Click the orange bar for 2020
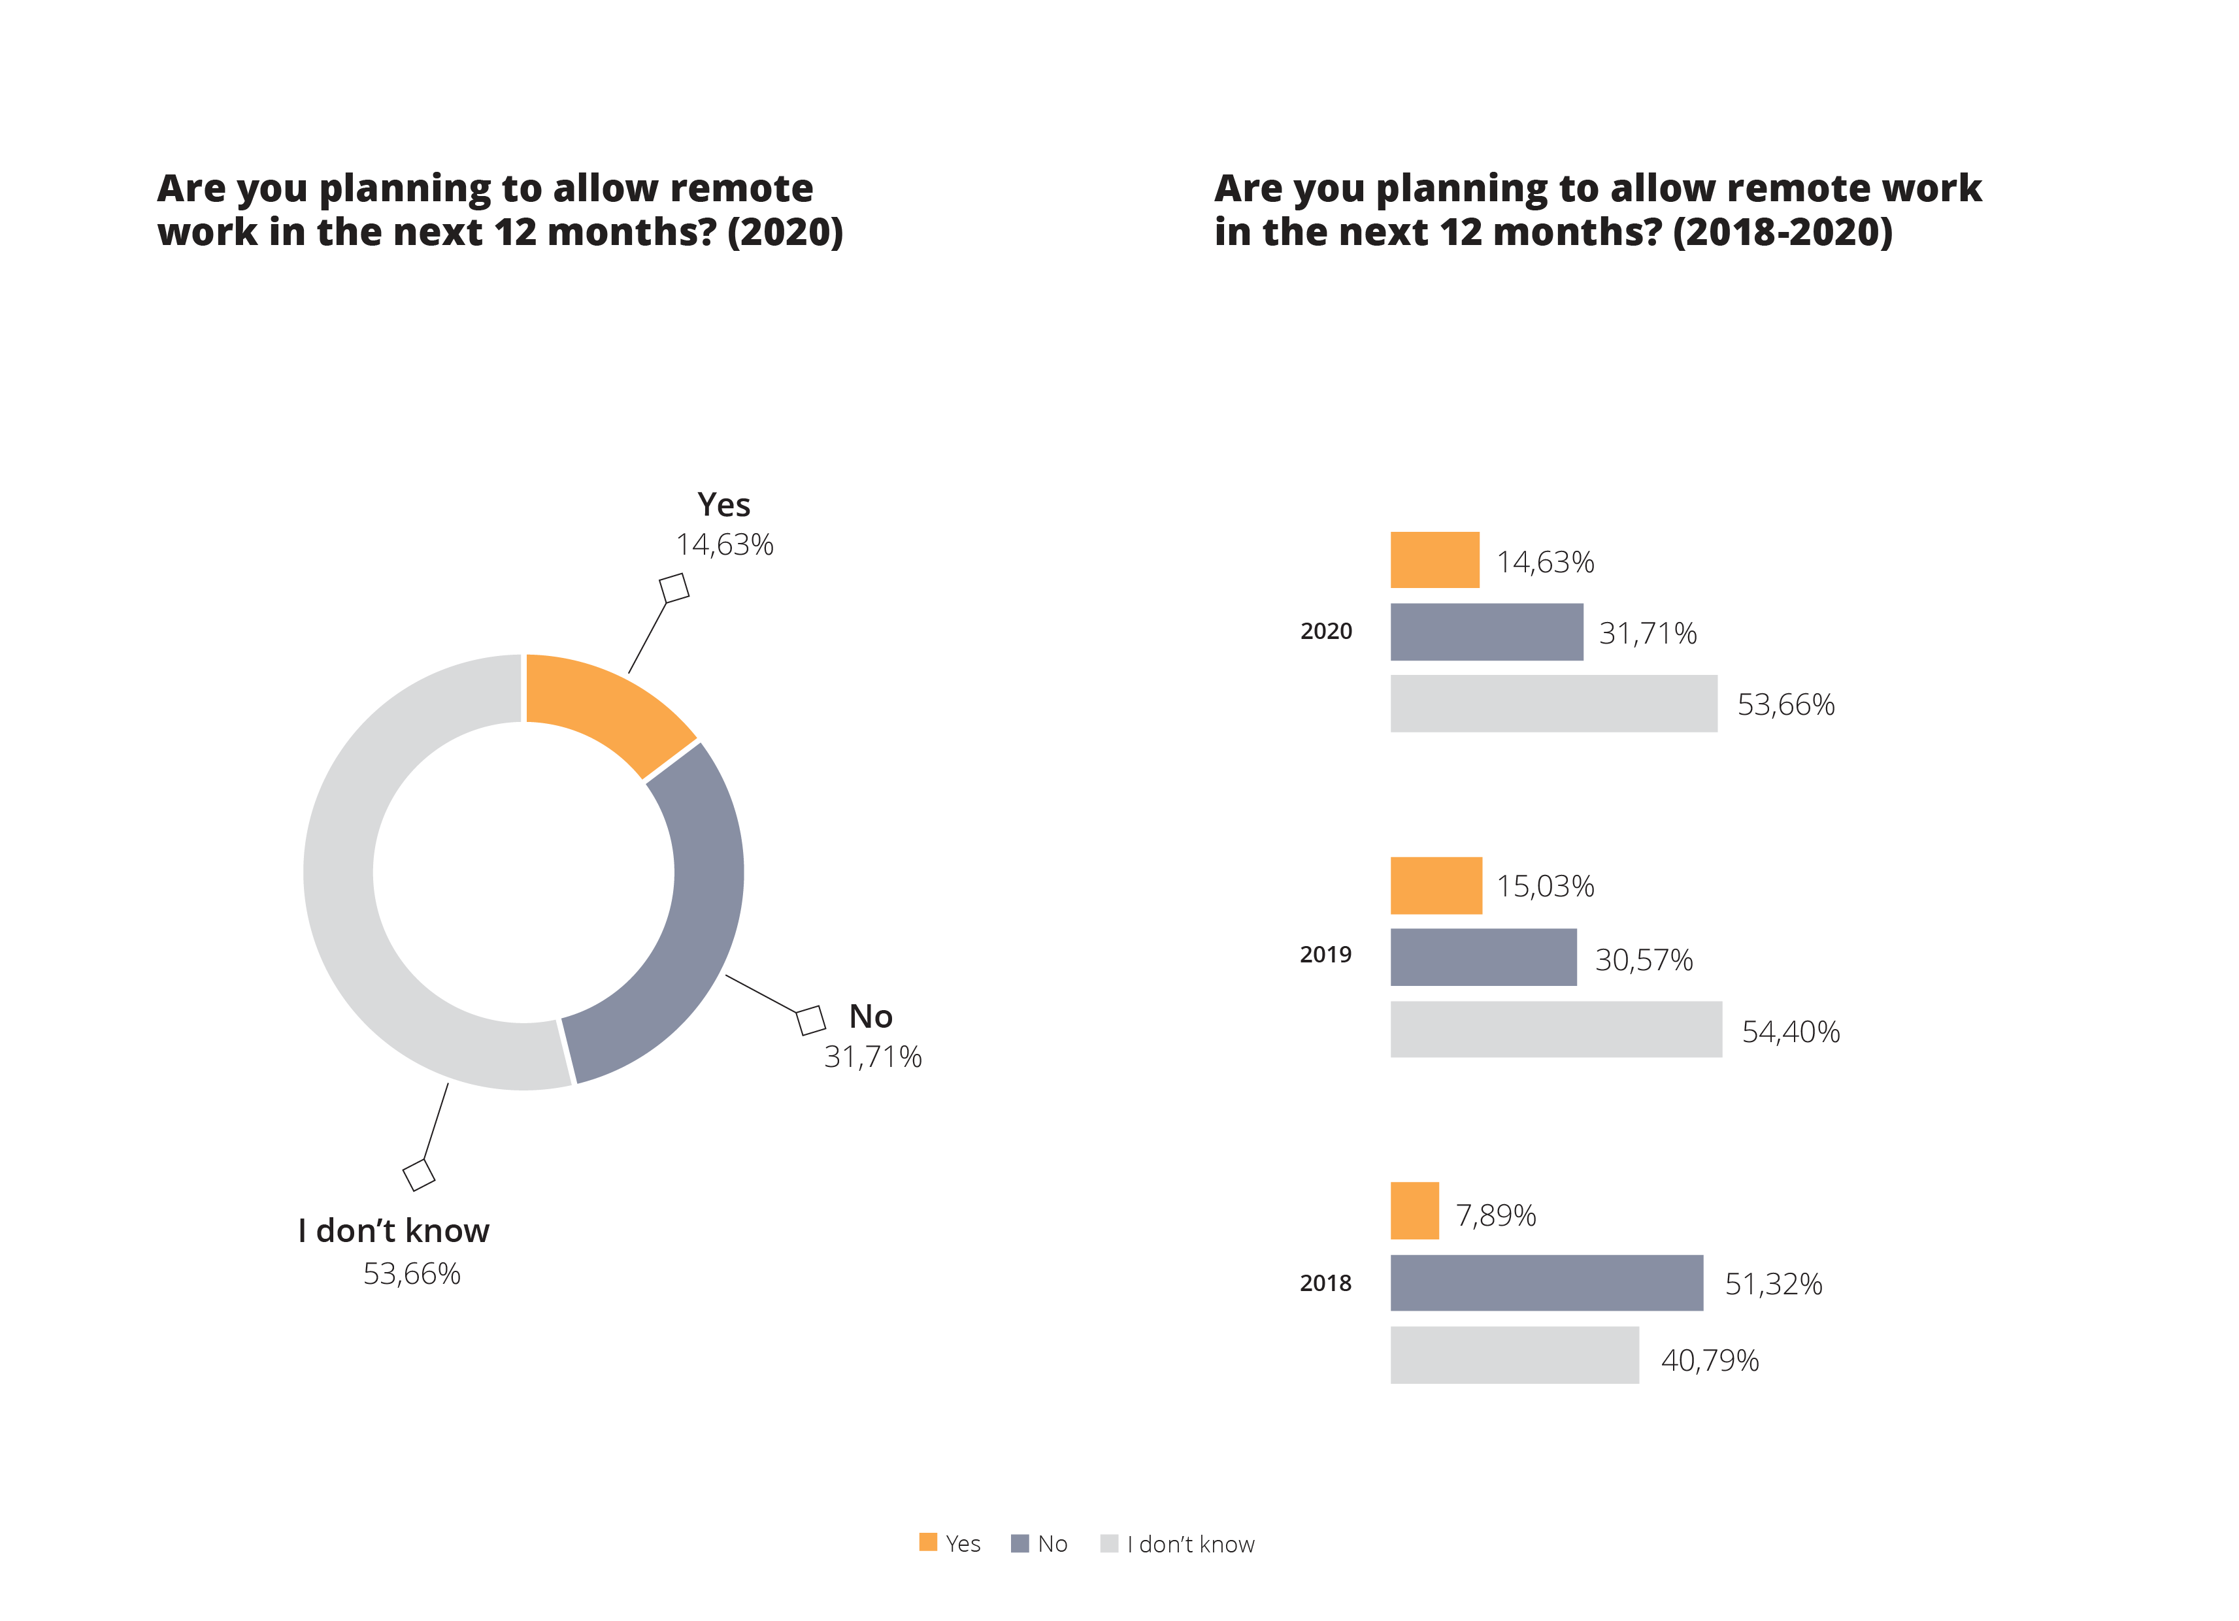click(1435, 560)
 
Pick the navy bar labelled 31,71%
click(1485, 632)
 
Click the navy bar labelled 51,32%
click(1546, 1283)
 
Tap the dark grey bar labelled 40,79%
click(1514, 1354)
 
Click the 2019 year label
click(1325, 955)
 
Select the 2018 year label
click(1325, 1283)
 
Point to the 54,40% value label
click(1790, 1032)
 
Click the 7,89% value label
click(1496, 1214)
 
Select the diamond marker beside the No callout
click(810, 1020)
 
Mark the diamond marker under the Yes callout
click(674, 587)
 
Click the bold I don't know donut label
click(393, 1230)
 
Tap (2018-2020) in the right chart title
click(1782, 232)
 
